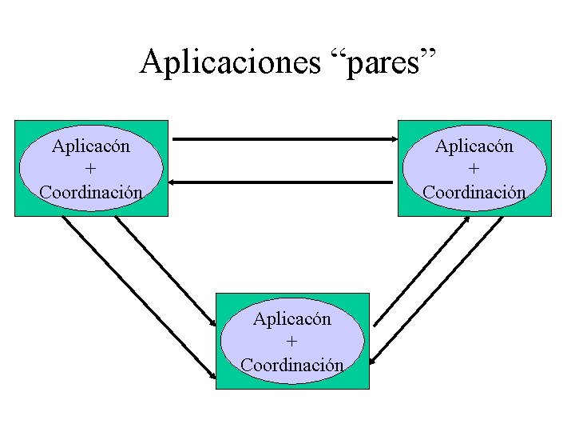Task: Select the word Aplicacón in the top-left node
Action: pos(92,146)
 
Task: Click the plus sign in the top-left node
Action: pos(92,169)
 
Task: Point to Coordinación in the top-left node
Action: pos(91,192)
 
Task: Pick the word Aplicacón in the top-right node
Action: pos(474,146)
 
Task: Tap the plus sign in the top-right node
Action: pos(474,169)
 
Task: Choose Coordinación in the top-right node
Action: pos(474,192)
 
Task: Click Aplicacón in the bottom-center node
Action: pos(292,318)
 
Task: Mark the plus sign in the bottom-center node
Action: pos(292,342)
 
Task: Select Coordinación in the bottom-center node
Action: pos(292,365)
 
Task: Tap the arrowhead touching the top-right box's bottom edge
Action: pos(466,220)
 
